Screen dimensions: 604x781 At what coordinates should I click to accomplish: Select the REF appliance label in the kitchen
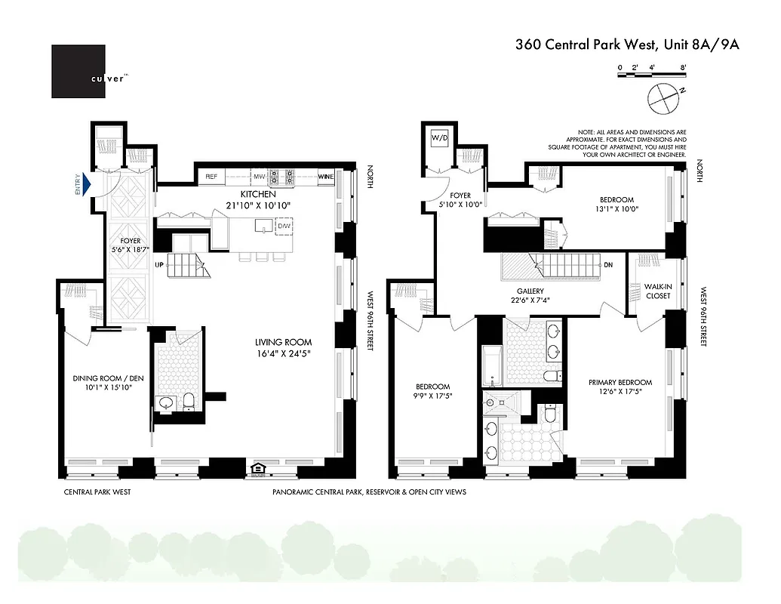tap(211, 177)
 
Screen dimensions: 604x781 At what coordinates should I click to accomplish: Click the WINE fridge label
tap(326, 177)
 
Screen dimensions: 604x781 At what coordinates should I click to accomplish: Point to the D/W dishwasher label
tap(284, 226)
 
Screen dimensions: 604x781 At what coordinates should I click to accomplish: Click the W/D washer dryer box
tap(438, 139)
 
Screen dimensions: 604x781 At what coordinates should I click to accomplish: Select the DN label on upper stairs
tap(609, 265)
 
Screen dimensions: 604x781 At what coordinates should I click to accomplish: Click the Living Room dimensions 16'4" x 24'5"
tap(283, 353)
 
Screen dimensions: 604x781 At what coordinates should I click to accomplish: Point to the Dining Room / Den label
tap(103, 379)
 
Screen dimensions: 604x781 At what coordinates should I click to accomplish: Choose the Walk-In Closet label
tap(658, 291)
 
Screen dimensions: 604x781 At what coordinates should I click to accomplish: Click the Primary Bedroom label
tap(620, 382)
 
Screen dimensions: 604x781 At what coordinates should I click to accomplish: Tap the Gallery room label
tap(530, 291)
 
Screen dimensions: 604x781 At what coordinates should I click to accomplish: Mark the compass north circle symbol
tap(660, 96)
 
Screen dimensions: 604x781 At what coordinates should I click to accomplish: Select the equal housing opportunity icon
tap(258, 470)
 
